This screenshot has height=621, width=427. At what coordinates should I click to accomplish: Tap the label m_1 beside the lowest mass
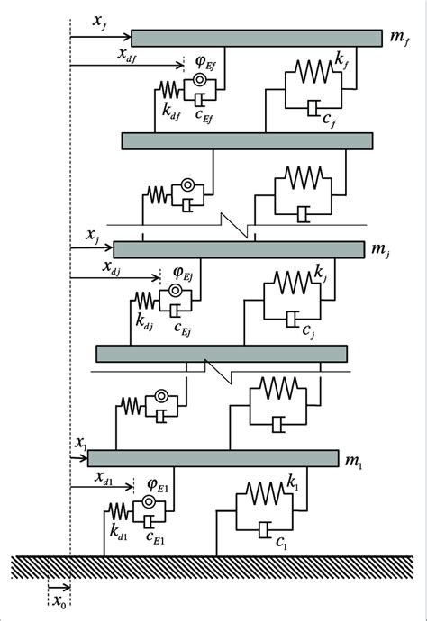pos(354,461)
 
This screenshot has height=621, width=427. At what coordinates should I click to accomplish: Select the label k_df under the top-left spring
pos(170,112)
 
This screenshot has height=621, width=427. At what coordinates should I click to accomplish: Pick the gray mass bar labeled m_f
pos(257,38)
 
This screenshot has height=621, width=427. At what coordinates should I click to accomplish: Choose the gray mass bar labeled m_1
pos(213,458)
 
